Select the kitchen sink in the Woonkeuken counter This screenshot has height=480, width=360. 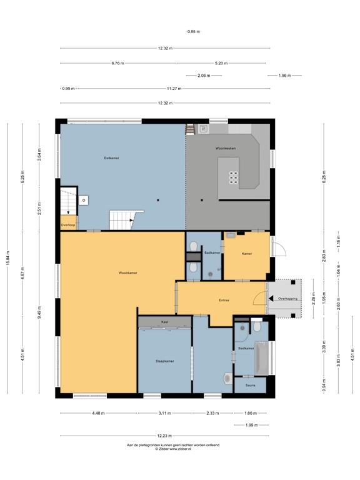tap(203, 128)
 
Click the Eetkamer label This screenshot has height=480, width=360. tap(111, 158)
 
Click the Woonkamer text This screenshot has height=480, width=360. tap(128, 273)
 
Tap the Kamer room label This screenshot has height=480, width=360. tap(247, 253)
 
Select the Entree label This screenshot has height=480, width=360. tap(224, 300)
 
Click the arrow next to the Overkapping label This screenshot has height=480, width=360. tap(273, 299)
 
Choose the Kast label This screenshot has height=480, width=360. tap(164, 322)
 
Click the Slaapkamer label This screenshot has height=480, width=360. tap(164, 361)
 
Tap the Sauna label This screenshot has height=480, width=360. tap(249, 386)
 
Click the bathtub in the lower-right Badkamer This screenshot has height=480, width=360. tap(261, 359)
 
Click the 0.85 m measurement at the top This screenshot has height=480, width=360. tap(194, 31)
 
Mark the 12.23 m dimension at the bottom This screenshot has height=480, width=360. tap(164, 436)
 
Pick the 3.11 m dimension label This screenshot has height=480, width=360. tap(164, 413)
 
